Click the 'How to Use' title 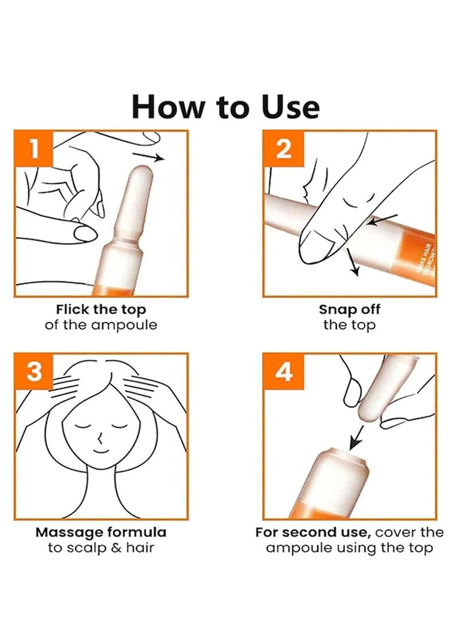click(x=225, y=107)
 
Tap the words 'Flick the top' click(x=101, y=309)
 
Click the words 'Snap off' click(x=349, y=309)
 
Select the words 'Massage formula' click(x=101, y=532)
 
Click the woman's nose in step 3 click(x=99, y=437)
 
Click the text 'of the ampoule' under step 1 click(x=101, y=325)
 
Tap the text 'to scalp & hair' click(x=101, y=548)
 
